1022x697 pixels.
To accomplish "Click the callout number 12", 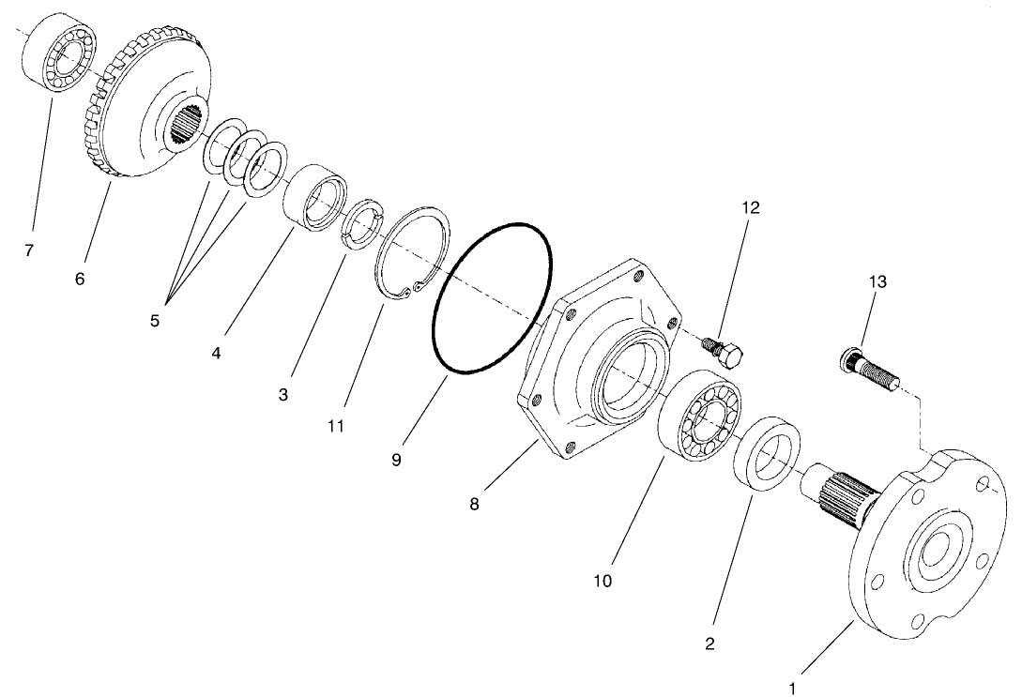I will coord(749,207).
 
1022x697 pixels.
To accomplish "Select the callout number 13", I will coord(877,281).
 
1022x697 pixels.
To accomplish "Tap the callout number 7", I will coord(30,252).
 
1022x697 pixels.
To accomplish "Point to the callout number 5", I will coord(155,320).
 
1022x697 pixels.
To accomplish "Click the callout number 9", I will coord(396,460).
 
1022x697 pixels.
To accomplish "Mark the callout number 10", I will coord(602,581).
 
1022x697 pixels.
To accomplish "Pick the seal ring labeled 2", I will coord(769,453).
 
